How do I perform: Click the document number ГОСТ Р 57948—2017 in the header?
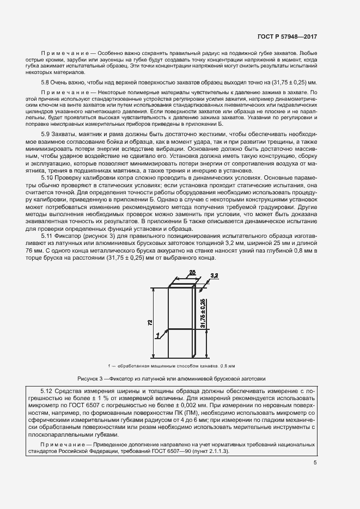tap(286, 37)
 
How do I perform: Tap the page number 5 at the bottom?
tap(315, 463)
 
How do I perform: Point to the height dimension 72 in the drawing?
tap(150, 322)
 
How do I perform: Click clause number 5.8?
tap(45, 82)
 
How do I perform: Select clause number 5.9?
tap(46, 133)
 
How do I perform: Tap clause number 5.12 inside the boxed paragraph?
tap(48, 391)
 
